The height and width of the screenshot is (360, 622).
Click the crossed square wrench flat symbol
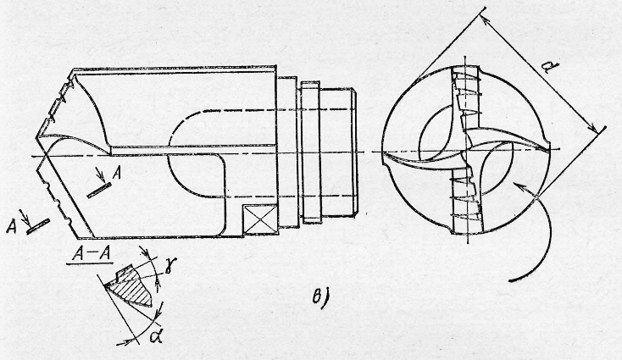[255, 218]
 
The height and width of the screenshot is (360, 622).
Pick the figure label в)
[319, 296]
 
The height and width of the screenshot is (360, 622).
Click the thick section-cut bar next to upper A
[97, 191]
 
